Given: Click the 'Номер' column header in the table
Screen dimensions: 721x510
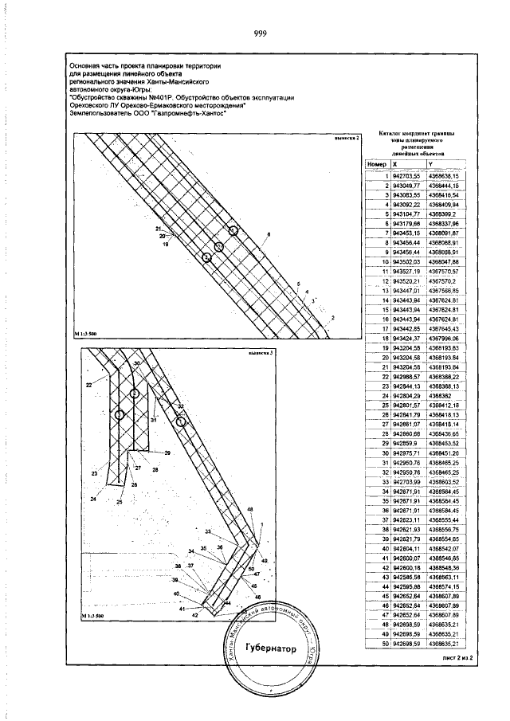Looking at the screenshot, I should pyautogui.click(x=376, y=164).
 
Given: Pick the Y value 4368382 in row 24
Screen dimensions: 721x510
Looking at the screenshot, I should pyautogui.click(x=440, y=394).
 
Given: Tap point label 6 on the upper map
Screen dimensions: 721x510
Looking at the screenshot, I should pyautogui.click(x=269, y=233).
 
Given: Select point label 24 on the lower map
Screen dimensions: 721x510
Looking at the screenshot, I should pyautogui.click(x=93, y=499).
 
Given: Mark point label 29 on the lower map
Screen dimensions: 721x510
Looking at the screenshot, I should pyautogui.click(x=167, y=453).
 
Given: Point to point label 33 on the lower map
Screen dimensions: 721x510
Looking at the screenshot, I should pyautogui.click(x=208, y=531).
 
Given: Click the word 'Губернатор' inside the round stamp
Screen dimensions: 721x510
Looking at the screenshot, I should pyautogui.click(x=271, y=649).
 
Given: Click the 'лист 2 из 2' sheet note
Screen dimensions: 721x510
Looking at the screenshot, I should pyautogui.click(x=457, y=659).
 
